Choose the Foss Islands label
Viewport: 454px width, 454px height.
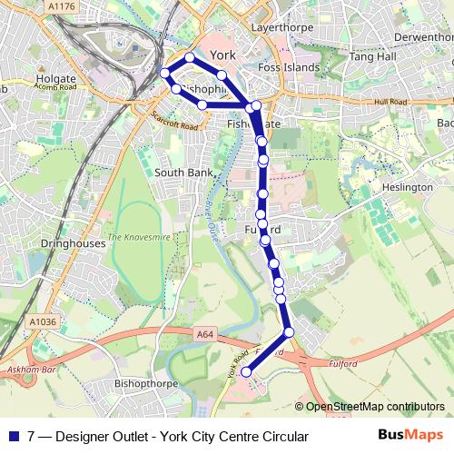pos(289,67)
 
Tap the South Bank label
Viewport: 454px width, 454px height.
pos(183,172)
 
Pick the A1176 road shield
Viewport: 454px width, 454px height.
pos(61,5)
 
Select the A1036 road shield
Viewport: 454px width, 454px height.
pos(43,321)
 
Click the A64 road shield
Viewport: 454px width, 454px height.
pos(207,335)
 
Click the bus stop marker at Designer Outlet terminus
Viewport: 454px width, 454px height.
pos(246,372)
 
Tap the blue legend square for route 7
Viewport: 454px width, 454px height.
pos(13,437)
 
